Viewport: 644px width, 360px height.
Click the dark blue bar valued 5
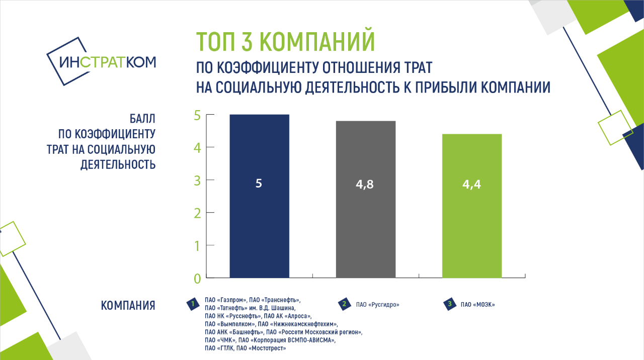tap(259, 196)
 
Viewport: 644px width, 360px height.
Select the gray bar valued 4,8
tap(366, 200)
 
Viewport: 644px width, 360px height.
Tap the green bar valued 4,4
tap(472, 206)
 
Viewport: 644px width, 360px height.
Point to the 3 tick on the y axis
tap(210, 180)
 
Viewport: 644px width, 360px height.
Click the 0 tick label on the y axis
tap(197, 279)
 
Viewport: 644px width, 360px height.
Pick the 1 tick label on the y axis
tap(197, 246)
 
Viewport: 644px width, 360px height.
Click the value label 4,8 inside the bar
tap(365, 185)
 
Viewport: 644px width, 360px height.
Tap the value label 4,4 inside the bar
tap(471, 185)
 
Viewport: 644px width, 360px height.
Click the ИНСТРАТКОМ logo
tap(101, 61)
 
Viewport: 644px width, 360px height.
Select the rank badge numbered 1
tap(193, 304)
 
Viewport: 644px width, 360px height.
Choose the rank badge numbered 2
tap(345, 304)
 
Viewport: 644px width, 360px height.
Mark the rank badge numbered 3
tap(450, 304)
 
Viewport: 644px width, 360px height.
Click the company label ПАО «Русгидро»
tap(377, 305)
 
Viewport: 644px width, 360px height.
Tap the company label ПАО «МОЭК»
tap(478, 305)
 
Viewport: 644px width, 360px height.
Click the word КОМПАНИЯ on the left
tap(128, 305)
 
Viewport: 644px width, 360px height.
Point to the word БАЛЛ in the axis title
tap(142, 119)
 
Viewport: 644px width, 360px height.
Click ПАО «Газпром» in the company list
tap(226, 300)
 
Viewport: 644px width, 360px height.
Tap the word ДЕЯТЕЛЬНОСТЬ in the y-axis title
tap(118, 164)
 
